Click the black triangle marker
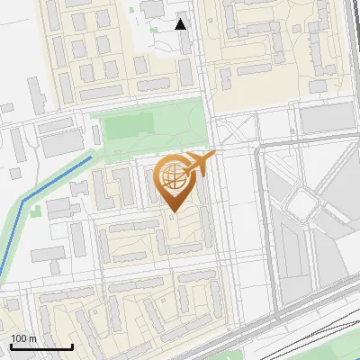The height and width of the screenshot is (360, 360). [x=181, y=23]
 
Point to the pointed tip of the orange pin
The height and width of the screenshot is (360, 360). [x=172, y=212]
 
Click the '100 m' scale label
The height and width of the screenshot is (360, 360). [x=23, y=338]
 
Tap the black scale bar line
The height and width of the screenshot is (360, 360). [x=41, y=346]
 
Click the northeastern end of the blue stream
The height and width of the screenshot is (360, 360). [x=92, y=157]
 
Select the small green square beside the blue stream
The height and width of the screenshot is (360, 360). [x=36, y=212]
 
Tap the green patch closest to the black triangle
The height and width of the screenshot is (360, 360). [x=133, y=12]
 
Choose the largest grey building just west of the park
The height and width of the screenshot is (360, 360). [x=60, y=142]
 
